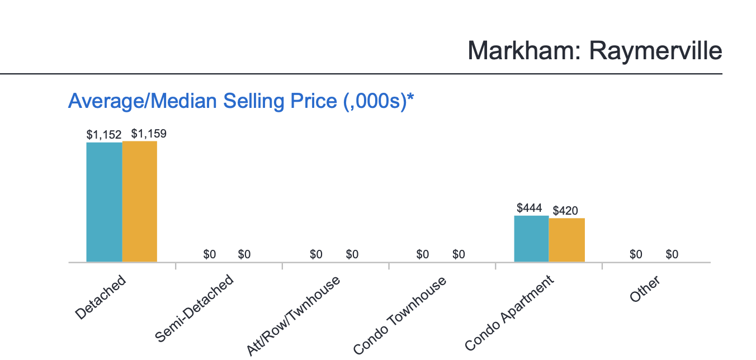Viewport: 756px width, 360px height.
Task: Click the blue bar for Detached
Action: tap(104, 202)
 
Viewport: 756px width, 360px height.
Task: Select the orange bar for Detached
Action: tap(140, 201)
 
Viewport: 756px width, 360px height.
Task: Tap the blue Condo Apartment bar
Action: tap(531, 239)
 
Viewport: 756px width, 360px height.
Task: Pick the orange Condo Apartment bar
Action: tap(567, 240)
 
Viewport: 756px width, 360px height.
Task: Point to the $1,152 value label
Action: tap(104, 135)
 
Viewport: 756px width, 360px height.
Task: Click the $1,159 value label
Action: tap(149, 134)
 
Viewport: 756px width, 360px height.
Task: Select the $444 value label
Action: tap(530, 209)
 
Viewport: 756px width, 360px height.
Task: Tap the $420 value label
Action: tap(565, 211)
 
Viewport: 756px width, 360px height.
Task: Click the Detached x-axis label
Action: tap(101, 297)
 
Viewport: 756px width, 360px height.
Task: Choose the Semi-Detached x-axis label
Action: tap(194, 308)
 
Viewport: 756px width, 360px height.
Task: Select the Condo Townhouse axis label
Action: tap(400, 315)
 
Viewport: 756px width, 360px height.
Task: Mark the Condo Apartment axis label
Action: tap(509, 313)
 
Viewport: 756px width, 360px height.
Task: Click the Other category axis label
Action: tap(645, 289)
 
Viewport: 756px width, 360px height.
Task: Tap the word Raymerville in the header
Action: tap(656, 51)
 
